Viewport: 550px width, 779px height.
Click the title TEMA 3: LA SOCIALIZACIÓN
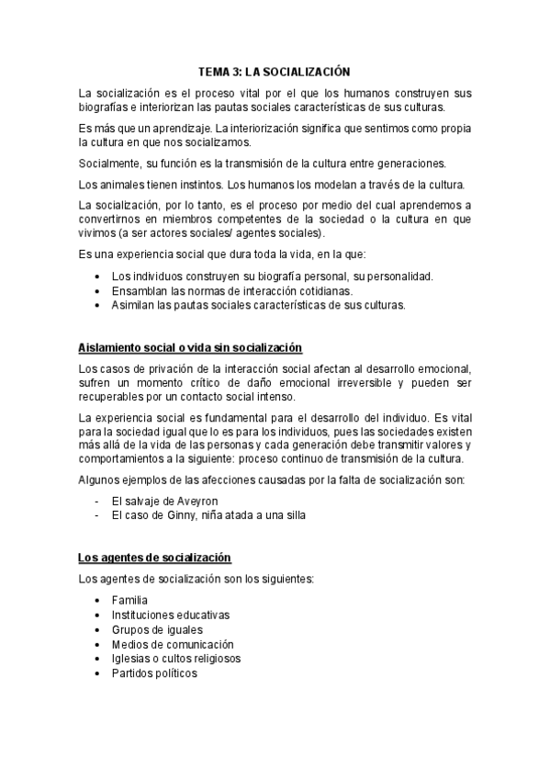click(x=275, y=71)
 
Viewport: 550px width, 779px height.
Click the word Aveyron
click(x=194, y=501)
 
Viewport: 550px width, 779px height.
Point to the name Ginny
click(x=190, y=515)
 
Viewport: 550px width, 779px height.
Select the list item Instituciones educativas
click(x=170, y=615)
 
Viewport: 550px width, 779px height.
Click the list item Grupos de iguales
click(x=156, y=629)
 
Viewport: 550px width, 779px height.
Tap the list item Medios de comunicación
click(x=173, y=644)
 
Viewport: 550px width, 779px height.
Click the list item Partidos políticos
click(x=153, y=673)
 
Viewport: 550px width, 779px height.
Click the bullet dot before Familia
click(x=97, y=601)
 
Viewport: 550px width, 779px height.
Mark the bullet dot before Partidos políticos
click(x=97, y=674)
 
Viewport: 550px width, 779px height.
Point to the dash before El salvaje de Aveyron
click(x=96, y=501)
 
